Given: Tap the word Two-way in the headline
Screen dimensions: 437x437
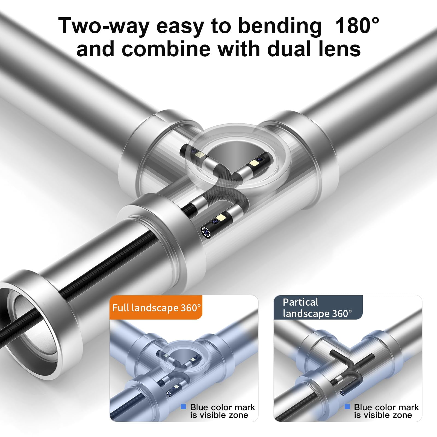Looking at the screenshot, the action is [104, 26].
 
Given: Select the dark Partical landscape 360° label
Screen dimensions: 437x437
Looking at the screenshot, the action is [318, 308].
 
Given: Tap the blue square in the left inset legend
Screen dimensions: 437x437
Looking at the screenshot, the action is [184, 407].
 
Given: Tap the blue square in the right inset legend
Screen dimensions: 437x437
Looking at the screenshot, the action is [347, 407].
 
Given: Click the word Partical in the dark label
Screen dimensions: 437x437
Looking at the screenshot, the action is [300, 302].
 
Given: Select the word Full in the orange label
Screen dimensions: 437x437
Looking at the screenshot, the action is [121, 308].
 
